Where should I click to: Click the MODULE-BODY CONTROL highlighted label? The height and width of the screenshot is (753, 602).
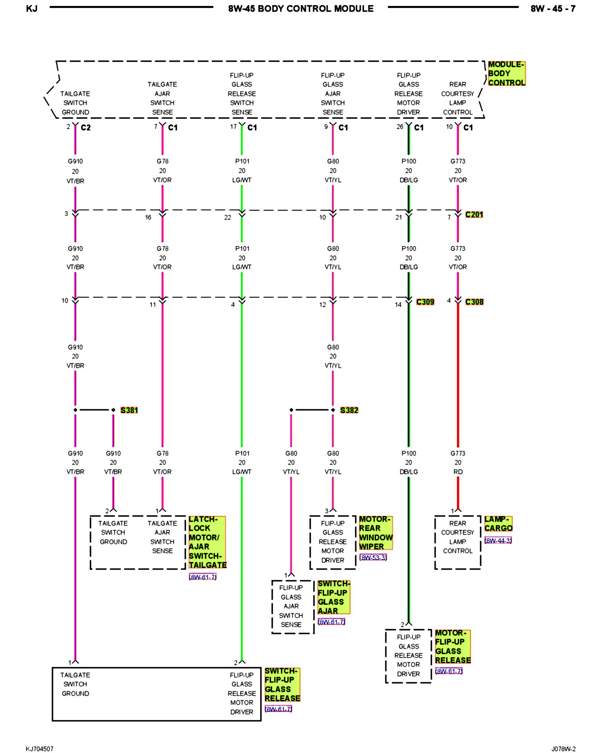506,73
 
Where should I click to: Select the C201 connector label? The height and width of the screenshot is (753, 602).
474,215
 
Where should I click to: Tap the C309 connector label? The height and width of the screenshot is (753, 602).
425,302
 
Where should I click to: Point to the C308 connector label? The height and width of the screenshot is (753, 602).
474,302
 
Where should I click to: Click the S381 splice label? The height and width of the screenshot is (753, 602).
129,410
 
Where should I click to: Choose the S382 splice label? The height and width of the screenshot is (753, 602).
349,410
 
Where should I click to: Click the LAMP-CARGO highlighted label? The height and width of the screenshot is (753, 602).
498,524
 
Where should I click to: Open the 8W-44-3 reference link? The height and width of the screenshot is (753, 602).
498,541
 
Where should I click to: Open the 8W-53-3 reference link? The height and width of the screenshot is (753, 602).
373,557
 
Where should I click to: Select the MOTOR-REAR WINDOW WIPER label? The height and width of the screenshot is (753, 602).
375,533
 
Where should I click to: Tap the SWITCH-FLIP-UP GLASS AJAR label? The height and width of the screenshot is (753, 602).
333,597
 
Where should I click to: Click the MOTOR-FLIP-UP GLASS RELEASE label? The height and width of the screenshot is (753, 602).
453,646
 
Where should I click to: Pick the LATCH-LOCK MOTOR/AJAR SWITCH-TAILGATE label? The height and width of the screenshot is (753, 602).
207,542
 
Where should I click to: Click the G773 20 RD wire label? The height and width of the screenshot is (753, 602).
458,462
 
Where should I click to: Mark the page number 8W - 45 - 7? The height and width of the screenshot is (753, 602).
553,9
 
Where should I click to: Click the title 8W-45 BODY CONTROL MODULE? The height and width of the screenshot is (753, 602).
301,9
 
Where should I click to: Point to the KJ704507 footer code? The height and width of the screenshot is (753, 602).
40,749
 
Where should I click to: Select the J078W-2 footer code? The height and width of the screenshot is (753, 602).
563,749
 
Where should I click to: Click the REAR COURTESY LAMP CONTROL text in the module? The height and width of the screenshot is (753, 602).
458,98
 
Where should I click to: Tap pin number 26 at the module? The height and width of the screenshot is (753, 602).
400,127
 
